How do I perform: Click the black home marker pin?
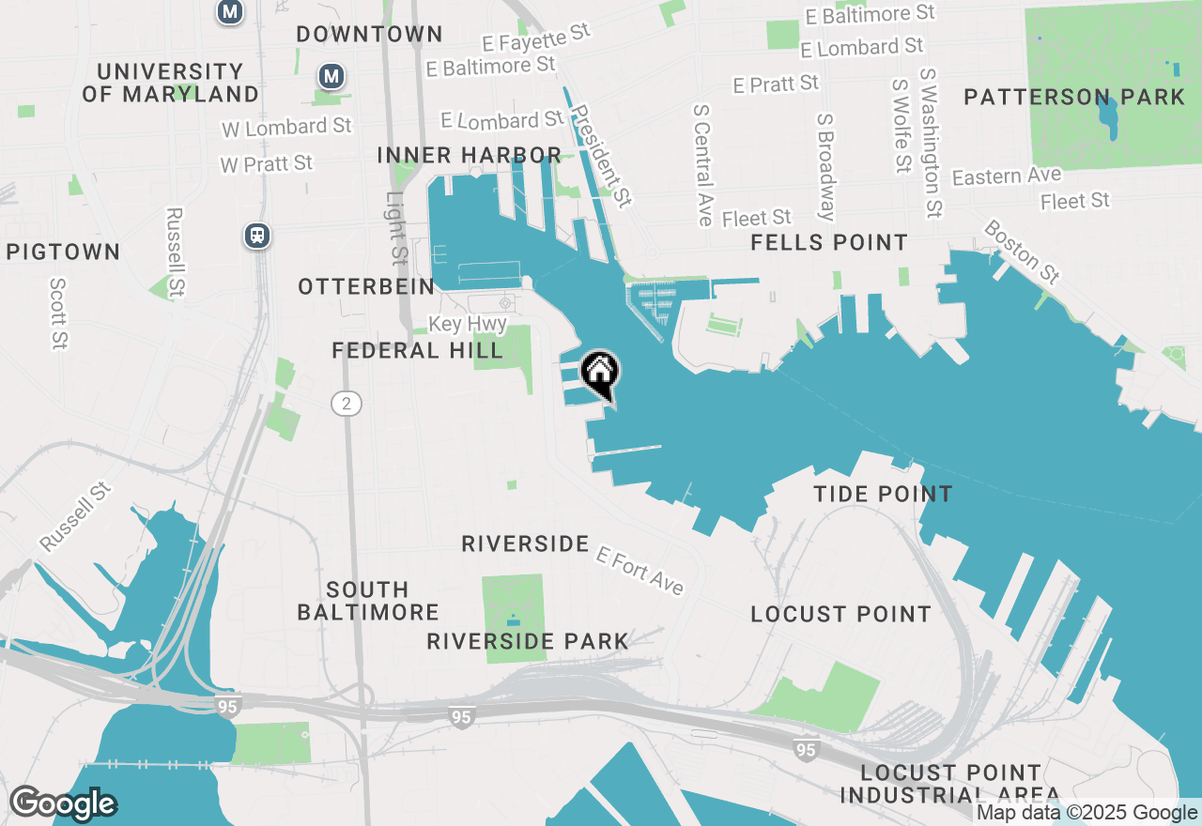(x=600, y=372)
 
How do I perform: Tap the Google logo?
(x=63, y=803)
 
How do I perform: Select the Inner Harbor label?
(x=470, y=155)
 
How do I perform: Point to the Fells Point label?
(x=829, y=243)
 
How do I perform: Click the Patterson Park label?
(x=1074, y=97)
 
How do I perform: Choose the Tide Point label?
(x=883, y=494)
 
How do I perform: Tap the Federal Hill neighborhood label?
(x=418, y=351)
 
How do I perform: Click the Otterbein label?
(x=366, y=287)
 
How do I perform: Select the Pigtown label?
(x=63, y=252)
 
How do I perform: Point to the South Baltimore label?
(x=368, y=601)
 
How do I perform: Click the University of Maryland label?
(x=170, y=83)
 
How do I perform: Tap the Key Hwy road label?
(x=468, y=325)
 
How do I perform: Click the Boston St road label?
(x=1022, y=252)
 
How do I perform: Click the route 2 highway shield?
(x=347, y=404)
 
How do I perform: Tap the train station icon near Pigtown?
(x=257, y=236)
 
